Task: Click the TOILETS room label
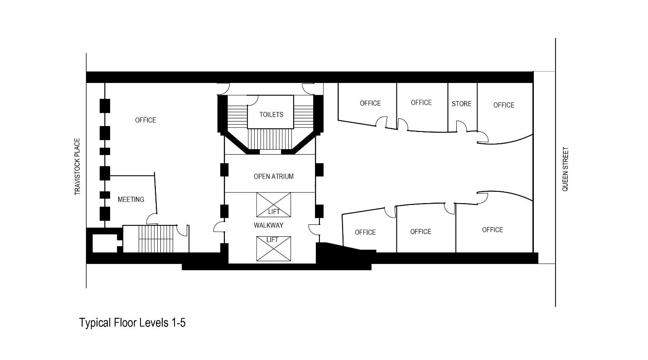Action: [271, 115]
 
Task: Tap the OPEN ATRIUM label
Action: [273, 176]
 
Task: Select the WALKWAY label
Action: [268, 225]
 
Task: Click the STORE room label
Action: [461, 103]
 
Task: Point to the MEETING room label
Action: [131, 199]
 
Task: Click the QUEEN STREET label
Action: [565, 169]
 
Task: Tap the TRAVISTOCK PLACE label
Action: [77, 167]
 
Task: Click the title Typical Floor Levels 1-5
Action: [132, 322]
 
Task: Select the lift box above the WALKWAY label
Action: [274, 204]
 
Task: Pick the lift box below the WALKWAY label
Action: [274, 248]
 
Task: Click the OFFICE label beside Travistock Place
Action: [145, 120]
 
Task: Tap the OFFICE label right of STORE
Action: [503, 105]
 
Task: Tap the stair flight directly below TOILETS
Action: [270, 139]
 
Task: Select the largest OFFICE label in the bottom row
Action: [493, 230]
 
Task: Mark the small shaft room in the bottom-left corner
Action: [104, 243]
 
